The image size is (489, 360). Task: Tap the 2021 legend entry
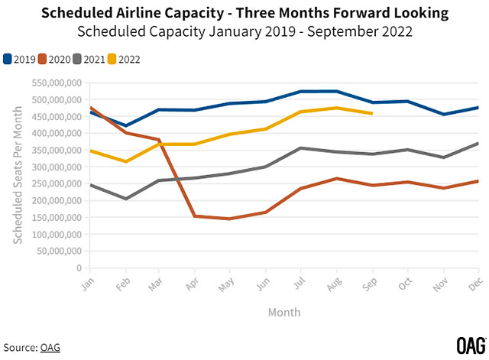pos(90,59)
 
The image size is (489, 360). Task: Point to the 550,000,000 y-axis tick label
pos(56,83)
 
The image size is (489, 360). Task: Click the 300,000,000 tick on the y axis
pos(56,167)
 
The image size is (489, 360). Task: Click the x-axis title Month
pos(284,312)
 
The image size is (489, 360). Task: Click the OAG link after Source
pos(50,348)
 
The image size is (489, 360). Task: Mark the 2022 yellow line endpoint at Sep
pos(371,114)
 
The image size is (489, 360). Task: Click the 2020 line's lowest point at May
pos(231,219)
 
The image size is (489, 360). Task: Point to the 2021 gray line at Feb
pos(125,199)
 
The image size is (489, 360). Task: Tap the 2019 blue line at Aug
pos(336,91)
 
